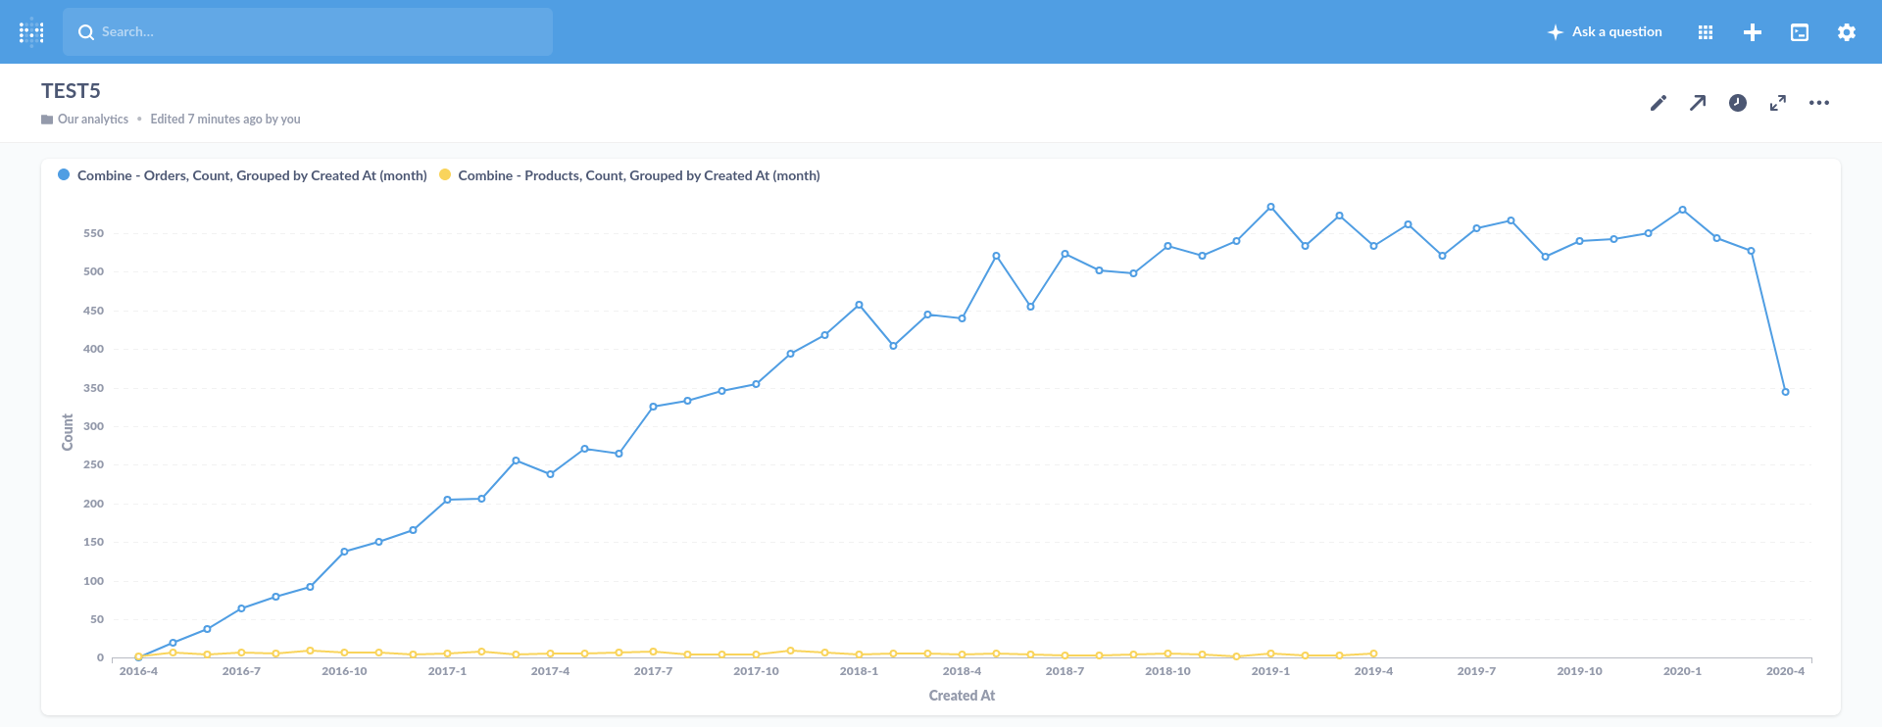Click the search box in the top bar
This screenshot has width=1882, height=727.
(308, 32)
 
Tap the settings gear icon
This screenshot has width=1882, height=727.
(1846, 32)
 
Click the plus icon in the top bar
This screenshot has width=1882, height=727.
(1752, 32)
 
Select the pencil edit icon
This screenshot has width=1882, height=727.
(1658, 103)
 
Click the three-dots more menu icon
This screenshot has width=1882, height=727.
(1818, 103)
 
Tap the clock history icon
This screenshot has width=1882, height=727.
(1737, 103)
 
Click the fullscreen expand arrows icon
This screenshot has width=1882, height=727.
(1777, 103)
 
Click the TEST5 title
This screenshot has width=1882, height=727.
(71, 91)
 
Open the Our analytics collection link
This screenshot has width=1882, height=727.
(92, 120)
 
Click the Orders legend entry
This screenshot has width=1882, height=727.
(251, 175)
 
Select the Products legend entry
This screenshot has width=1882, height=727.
(638, 175)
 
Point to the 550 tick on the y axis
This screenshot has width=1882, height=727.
(93, 233)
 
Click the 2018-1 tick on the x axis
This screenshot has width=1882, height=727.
(859, 671)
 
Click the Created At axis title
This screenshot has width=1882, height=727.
(962, 696)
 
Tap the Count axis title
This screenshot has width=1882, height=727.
(68, 432)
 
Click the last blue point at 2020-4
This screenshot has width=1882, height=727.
(1785, 392)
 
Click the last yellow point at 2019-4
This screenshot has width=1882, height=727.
(1373, 654)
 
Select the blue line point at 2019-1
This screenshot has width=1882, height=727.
(1270, 207)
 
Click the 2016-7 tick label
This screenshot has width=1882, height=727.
(241, 671)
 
